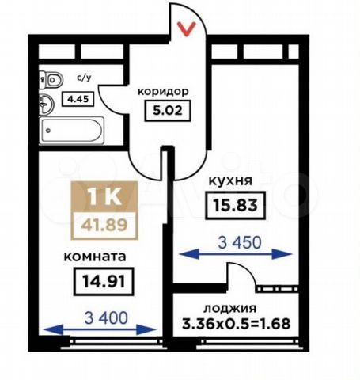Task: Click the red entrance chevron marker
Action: coord(187,28)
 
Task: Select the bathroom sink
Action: coord(47,104)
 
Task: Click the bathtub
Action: coord(71,131)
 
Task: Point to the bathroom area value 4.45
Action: coord(78,99)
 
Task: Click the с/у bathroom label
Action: coord(84,78)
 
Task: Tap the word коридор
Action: coord(164,92)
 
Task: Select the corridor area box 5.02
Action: coord(168,110)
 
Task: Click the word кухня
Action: coord(230,181)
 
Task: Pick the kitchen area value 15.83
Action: coord(235,205)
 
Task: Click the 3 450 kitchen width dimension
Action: coord(240,242)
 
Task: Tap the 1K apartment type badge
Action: coord(104,196)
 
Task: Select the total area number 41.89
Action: coord(104,225)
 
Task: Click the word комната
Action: coord(95,256)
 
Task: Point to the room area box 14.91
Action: coord(104,281)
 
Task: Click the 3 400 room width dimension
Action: coord(106,318)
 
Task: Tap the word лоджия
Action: coord(230,308)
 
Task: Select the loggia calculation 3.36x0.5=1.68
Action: coord(236,324)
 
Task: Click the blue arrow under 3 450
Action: coord(236,254)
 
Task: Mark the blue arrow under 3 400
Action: coord(100,329)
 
